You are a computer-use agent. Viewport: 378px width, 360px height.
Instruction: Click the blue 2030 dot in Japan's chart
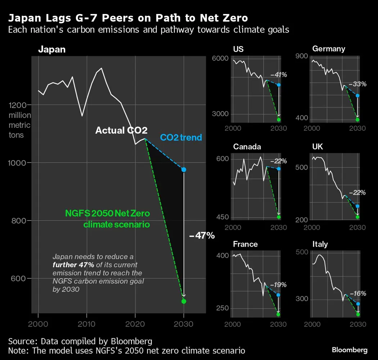184,170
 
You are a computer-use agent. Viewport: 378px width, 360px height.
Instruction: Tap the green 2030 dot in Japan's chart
184,301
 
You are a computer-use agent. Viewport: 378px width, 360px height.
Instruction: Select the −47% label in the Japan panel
202,236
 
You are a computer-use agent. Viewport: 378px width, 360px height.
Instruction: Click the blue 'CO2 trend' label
181,138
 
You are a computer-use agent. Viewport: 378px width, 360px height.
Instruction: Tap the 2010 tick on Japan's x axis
87,324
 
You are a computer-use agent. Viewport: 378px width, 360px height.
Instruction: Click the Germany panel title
329,49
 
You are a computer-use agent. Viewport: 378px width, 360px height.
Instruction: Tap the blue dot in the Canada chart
278,168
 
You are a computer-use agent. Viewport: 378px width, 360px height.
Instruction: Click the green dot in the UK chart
357,217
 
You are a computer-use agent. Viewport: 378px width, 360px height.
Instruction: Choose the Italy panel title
320,244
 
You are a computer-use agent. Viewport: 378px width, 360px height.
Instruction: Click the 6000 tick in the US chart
223,59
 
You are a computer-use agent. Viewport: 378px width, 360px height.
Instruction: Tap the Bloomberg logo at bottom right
350,350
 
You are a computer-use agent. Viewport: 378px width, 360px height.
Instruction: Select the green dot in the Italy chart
357,315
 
